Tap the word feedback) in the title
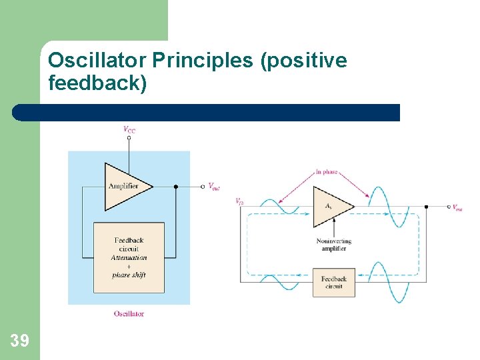97,84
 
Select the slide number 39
20,341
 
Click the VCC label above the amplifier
129,129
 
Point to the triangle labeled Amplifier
125,185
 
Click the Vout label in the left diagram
213,187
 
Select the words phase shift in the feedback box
129,275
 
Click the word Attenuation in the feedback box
129,257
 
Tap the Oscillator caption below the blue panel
129,313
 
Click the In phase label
327,171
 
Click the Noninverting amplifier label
333,245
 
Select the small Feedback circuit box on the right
333,283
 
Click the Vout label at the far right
457,207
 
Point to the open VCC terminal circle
129,138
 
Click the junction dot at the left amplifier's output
175,187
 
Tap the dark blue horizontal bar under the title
207,113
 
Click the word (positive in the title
304,61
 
